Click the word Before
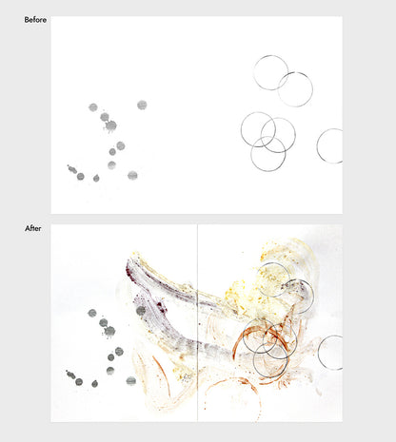tap(35, 20)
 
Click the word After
tap(33, 228)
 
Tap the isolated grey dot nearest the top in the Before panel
tap(142, 105)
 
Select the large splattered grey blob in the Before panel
tap(110, 125)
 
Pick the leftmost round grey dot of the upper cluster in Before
tap(93, 107)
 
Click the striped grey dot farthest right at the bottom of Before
tap(132, 175)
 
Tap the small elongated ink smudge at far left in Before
tap(71, 169)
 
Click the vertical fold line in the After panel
tap(197, 323)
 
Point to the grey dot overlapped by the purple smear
tap(141, 311)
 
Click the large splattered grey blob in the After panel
tap(109, 332)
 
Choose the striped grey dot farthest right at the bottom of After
tap(131, 381)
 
